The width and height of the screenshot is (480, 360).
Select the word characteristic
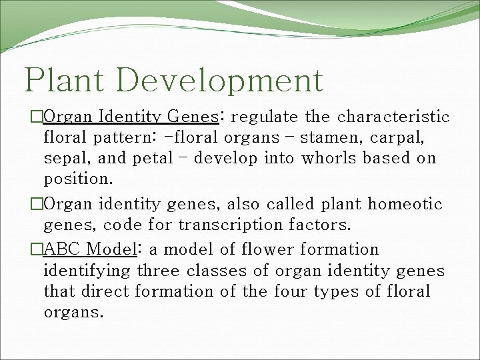pos(393,117)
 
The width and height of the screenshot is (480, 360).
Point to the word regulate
pos(265,118)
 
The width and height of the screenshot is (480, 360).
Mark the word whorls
pos(327,159)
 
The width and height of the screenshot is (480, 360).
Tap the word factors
pos(323,225)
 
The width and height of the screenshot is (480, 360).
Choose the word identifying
pos(87,271)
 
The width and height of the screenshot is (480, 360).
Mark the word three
pos(159,271)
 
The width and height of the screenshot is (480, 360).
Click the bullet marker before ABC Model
pos(37,250)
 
